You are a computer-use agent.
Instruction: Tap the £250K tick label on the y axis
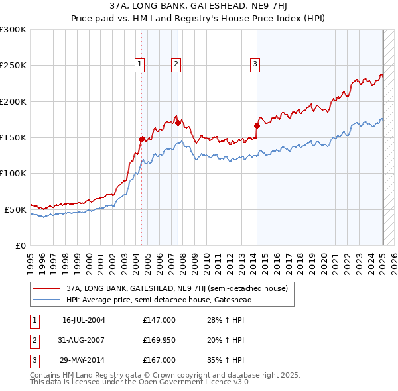click(13, 66)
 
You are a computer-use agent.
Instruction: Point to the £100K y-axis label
click(13, 173)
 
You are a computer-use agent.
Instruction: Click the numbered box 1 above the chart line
click(141, 64)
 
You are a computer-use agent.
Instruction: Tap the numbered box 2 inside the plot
click(176, 64)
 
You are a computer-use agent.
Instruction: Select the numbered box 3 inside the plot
click(255, 64)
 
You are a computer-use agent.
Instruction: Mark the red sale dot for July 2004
click(141, 139)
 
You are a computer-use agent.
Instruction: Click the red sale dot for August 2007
click(178, 123)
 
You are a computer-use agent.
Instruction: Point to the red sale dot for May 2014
click(257, 125)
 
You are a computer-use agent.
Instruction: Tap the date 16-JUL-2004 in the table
click(84, 320)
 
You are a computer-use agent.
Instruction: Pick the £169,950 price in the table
click(159, 341)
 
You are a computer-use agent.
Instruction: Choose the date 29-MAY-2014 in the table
click(84, 361)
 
